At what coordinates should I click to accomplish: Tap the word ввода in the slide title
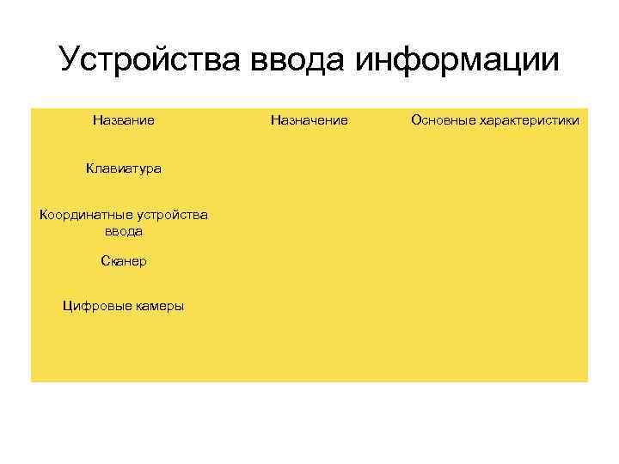point(297,60)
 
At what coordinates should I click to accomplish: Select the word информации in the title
point(457,60)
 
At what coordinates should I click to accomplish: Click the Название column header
point(124,120)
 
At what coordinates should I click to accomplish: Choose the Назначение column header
point(309,120)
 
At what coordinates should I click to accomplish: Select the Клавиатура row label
point(124,168)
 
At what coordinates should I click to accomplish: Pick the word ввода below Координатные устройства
point(124,231)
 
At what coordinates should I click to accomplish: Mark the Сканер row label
point(124,260)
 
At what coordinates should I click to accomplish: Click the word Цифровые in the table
point(94,306)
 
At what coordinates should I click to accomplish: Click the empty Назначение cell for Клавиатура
point(309,168)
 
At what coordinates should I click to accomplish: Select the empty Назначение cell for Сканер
point(309,260)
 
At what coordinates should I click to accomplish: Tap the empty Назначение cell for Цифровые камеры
point(309,306)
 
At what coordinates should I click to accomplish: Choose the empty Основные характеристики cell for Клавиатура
point(495,168)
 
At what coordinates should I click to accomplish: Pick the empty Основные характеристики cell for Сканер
point(495,260)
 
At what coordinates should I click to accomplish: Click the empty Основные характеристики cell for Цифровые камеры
point(495,306)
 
